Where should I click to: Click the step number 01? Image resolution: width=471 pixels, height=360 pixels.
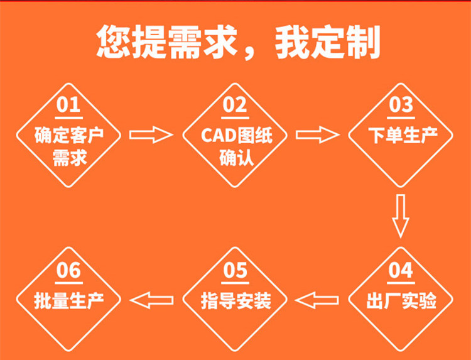pyautogui.click(x=68, y=104)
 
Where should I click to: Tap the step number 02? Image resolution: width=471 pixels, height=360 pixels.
pyautogui.click(x=235, y=104)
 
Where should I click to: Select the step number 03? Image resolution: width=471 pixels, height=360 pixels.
pyautogui.click(x=401, y=104)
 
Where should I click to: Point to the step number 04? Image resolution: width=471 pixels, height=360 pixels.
pyautogui.click(x=401, y=270)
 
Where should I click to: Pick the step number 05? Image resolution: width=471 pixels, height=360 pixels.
pyautogui.click(x=235, y=270)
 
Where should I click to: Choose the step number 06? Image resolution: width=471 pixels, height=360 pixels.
pyautogui.click(x=69, y=270)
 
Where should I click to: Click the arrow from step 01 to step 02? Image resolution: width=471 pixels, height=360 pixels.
pyautogui.click(x=151, y=134)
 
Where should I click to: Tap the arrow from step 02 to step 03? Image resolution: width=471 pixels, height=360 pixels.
pyautogui.click(x=318, y=134)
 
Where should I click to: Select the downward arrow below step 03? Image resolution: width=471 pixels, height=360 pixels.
pyautogui.click(x=401, y=216)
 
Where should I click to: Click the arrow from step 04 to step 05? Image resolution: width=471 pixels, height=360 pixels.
pyautogui.click(x=317, y=300)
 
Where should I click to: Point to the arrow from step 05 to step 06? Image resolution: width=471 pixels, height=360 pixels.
pyautogui.click(x=152, y=300)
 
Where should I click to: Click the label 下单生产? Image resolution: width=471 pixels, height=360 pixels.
pyautogui.click(x=403, y=136)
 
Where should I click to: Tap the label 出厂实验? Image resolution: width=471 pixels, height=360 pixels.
pyautogui.click(x=401, y=301)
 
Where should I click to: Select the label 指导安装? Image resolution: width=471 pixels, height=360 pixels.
pyautogui.click(x=236, y=301)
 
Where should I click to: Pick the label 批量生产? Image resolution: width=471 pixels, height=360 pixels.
pyautogui.click(x=69, y=301)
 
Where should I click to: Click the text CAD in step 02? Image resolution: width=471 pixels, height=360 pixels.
pyautogui.click(x=219, y=136)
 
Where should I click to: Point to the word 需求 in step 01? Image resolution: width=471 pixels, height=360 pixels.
pyautogui.click(x=70, y=158)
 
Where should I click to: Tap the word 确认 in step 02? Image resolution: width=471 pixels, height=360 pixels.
pyautogui.click(x=237, y=158)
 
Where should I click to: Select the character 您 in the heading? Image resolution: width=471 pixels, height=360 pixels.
pyautogui.click(x=114, y=41)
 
